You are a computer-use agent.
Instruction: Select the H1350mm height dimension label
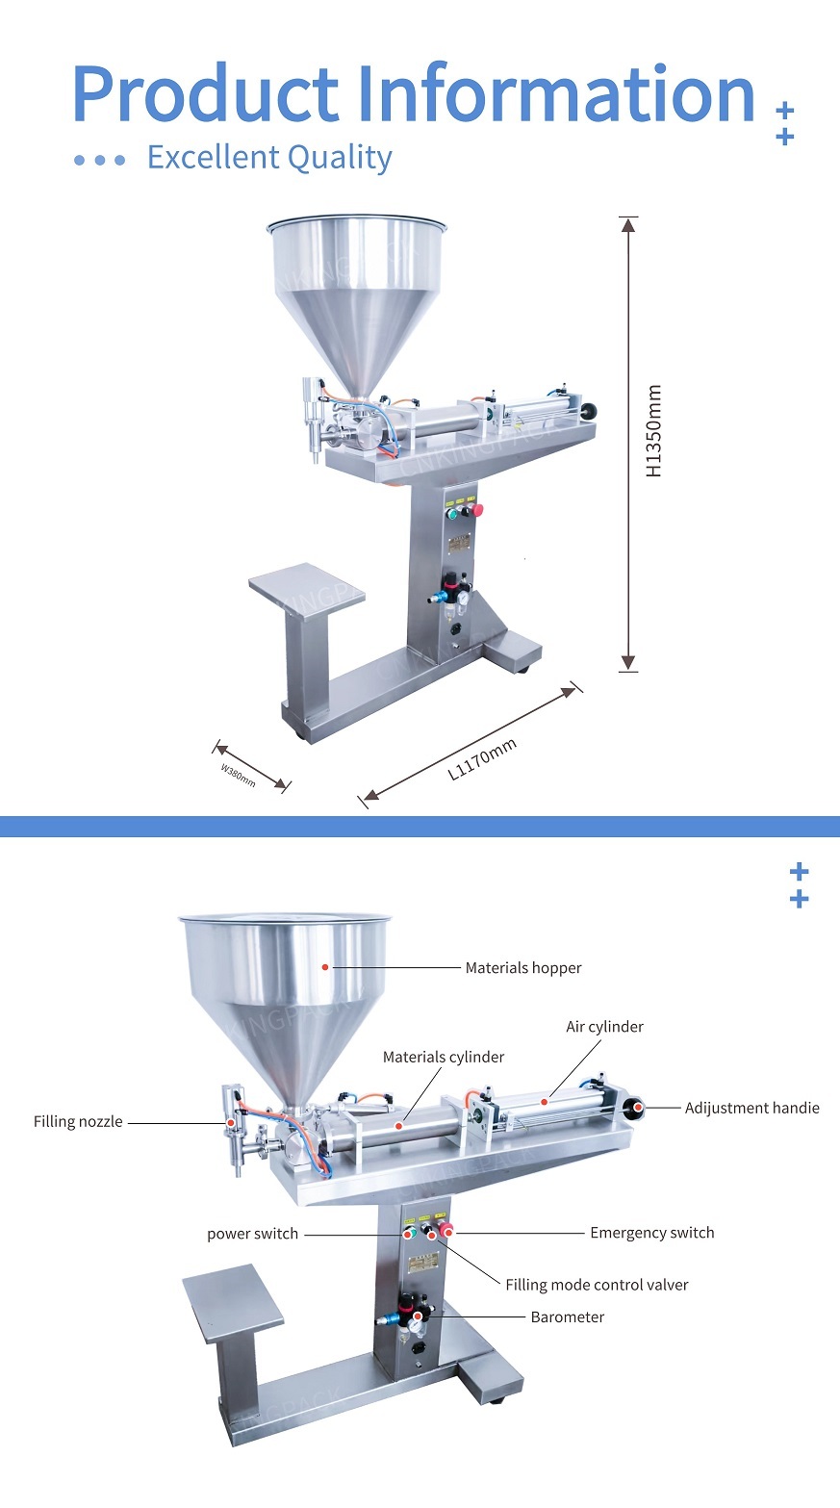[x=654, y=431]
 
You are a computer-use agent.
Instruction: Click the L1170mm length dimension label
[x=482, y=760]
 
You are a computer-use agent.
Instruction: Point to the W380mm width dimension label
[x=238, y=775]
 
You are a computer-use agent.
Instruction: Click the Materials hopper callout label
[x=522, y=968]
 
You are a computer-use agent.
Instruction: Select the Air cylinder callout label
[x=604, y=1027]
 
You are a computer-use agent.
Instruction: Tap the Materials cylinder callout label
[x=443, y=1057]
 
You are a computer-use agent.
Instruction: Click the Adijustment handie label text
[x=751, y=1108]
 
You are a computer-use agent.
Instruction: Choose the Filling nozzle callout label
[x=78, y=1121]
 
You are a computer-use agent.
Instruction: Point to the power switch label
[x=252, y=1234]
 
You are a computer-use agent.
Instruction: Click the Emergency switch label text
[x=651, y=1233]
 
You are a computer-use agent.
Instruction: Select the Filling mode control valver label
[x=597, y=1285]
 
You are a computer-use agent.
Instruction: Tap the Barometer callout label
[x=567, y=1316]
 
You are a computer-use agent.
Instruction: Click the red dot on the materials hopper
[x=325, y=966]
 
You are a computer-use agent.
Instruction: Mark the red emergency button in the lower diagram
[x=447, y=1233]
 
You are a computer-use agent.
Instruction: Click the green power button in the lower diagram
[x=409, y=1233]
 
